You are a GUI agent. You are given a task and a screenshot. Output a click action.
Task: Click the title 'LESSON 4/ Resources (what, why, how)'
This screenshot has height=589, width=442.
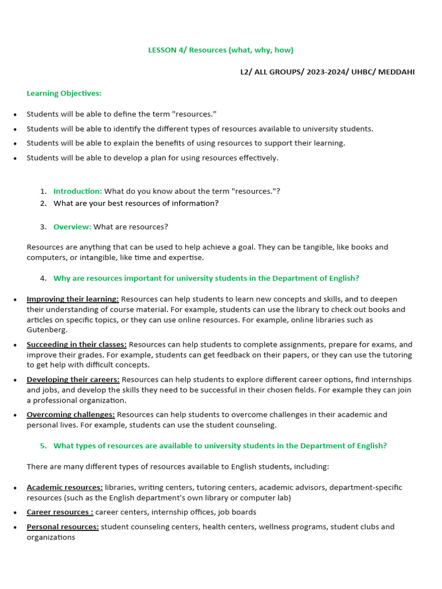[220, 50]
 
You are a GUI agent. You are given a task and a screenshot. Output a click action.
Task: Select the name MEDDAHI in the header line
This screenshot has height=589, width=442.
[396, 72]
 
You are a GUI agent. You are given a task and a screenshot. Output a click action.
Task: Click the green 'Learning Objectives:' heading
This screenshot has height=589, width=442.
[64, 93]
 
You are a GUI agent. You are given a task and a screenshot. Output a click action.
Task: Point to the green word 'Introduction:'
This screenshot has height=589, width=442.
[78, 191]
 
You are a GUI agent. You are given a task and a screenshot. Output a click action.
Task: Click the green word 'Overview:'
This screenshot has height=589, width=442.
[73, 227]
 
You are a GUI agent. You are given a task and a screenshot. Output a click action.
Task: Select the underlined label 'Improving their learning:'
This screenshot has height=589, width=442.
[73, 299]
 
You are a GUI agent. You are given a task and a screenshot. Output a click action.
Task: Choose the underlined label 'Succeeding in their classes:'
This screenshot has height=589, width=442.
[77, 345]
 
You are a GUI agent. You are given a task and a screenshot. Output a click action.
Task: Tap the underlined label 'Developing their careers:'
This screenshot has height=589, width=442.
[73, 380]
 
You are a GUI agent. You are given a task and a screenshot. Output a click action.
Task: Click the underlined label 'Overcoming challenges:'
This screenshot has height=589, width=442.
[71, 415]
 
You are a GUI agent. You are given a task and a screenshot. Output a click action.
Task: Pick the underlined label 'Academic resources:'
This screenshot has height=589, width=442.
[64, 487]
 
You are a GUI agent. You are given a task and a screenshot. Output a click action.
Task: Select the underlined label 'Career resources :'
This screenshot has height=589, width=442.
[60, 512]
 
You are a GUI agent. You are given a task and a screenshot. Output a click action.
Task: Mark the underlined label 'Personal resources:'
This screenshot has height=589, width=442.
[63, 527]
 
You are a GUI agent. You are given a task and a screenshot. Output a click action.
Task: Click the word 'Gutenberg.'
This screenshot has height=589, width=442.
[47, 330]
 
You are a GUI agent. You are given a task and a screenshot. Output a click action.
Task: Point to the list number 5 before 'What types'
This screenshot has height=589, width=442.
[43, 446]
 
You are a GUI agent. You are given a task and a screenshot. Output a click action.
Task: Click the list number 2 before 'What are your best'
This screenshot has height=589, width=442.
[43, 203]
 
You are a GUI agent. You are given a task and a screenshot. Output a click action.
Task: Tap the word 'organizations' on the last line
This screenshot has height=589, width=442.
[51, 537]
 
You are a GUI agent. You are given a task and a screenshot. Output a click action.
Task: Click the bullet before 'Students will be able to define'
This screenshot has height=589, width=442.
[15, 115]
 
